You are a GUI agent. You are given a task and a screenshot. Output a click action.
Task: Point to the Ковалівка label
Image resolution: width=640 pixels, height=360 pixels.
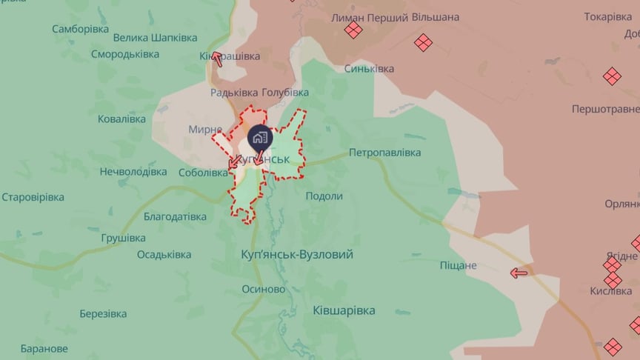[121, 119]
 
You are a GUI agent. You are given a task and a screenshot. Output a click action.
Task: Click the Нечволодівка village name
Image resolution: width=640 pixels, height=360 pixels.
[133, 172]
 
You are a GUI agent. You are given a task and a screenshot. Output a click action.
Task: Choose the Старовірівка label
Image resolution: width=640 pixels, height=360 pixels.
[33, 198]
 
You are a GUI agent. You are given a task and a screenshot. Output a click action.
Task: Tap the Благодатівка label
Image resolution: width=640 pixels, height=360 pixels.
[164, 217]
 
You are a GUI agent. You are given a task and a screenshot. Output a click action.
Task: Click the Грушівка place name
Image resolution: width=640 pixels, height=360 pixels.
[123, 239]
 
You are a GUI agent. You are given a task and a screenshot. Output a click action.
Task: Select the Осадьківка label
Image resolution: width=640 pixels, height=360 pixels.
[164, 255]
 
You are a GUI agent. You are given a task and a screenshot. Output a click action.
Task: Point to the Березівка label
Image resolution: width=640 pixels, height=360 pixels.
[103, 313]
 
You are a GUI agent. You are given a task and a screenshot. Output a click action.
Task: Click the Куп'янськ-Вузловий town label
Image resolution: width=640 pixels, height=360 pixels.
[297, 255]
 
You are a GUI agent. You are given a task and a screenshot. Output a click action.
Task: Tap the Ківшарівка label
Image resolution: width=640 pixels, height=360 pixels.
[344, 311]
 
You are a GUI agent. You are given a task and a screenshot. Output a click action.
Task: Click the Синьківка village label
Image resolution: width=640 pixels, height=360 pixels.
[369, 69]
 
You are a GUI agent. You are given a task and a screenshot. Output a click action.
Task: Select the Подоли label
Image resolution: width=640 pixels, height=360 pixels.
[324, 196]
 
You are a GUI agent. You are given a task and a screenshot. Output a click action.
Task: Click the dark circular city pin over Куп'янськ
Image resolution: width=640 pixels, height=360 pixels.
[259, 137]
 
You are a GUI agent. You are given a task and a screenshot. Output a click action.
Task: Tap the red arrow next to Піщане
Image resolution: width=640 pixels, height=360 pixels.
[519, 273]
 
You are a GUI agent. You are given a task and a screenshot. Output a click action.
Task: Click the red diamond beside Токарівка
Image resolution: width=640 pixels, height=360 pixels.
[612, 76]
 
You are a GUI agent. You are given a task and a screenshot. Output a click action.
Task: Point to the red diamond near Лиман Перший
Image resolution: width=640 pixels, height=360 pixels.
[353, 30]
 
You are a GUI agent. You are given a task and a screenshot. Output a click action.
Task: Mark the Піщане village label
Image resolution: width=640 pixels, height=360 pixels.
[479, 265]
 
